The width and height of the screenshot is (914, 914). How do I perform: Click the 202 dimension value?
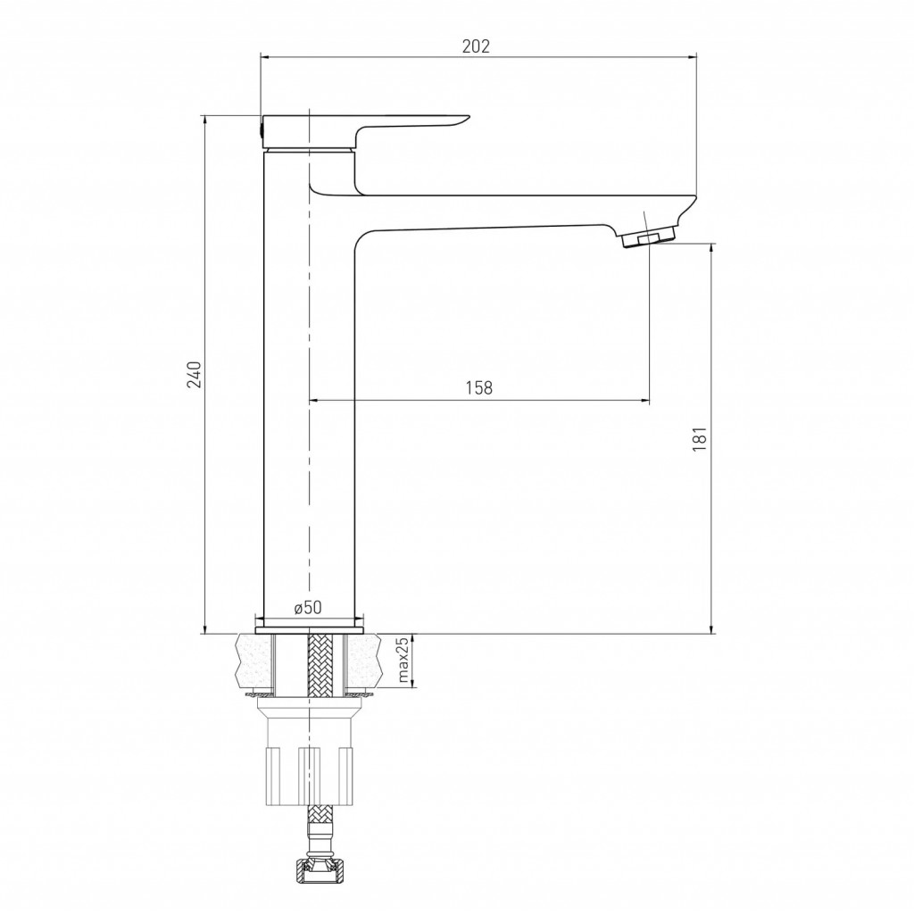pos(477,46)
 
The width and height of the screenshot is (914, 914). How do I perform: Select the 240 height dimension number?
pos(194,374)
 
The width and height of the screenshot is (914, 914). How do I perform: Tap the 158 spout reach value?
pos(479,387)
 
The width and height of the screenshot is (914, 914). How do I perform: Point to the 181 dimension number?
pos(700,439)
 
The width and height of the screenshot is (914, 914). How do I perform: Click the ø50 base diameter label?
pos(308,607)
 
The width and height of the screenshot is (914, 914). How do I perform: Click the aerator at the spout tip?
pos(648,237)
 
